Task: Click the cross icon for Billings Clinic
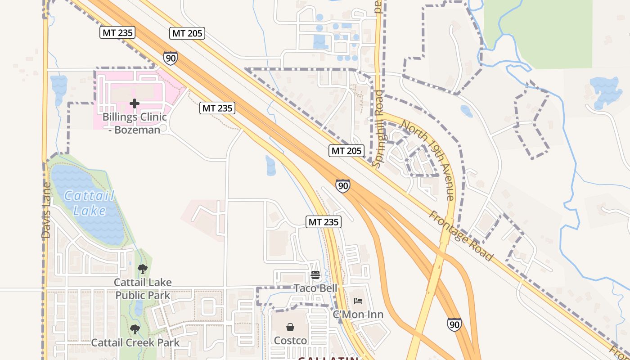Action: coord(134,103)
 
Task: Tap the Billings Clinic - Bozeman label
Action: coord(135,123)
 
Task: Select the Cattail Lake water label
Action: coord(89,203)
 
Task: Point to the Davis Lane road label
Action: coord(46,211)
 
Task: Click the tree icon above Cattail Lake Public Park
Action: coord(143,269)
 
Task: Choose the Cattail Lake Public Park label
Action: coord(143,289)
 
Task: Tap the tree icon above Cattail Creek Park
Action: coord(135,329)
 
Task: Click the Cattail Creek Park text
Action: coord(135,342)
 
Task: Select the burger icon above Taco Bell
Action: coord(315,275)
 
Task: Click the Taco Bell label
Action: coord(315,288)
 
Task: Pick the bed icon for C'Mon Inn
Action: coord(358,301)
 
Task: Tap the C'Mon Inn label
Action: coord(358,314)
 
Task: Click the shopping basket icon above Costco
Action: coord(290,327)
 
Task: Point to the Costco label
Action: coord(290,341)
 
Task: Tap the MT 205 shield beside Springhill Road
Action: coord(346,151)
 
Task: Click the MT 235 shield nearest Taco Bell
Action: coord(324,222)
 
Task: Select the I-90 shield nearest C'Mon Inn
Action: coord(454,324)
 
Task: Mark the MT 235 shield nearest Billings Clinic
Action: coord(217,108)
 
